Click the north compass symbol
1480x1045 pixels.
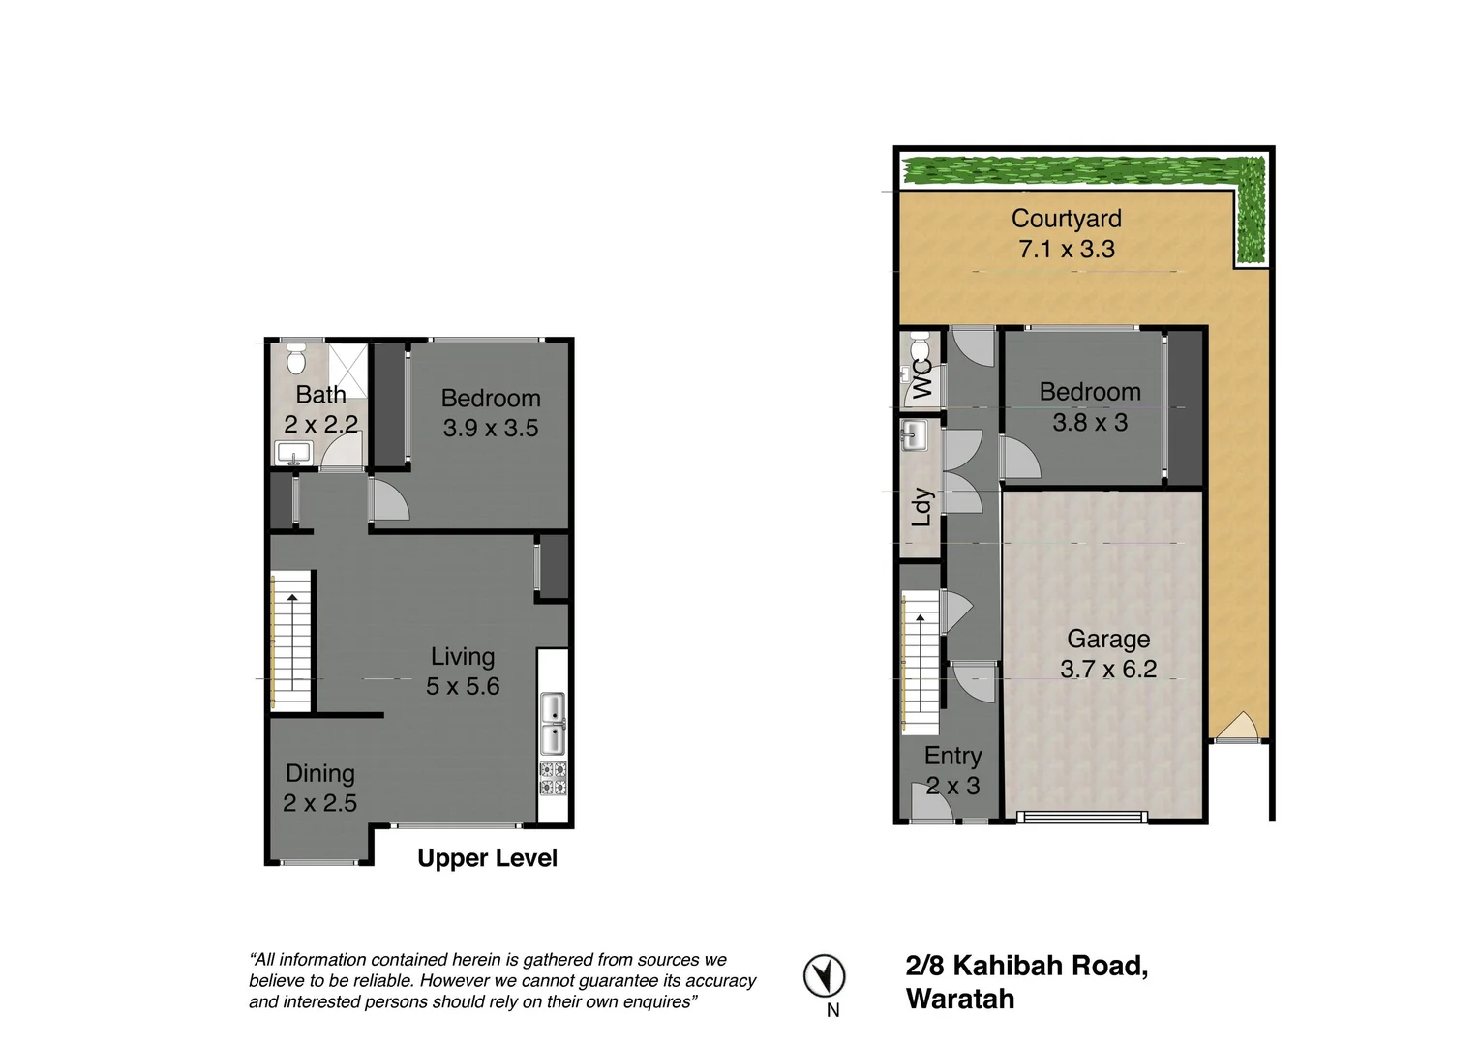(824, 975)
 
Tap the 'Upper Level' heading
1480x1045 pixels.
(487, 858)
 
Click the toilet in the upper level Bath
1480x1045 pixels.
(296, 358)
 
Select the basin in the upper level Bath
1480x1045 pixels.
(291, 452)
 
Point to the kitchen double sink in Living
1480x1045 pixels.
(553, 723)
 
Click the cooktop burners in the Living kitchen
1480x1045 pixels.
(553, 778)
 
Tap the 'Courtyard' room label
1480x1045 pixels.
(1066, 219)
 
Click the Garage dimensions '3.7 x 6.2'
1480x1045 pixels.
(1107, 669)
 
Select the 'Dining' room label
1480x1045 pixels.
(319, 773)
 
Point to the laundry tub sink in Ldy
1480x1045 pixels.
(914, 435)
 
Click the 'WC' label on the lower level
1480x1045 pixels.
(922, 378)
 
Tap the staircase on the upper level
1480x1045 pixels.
(291, 640)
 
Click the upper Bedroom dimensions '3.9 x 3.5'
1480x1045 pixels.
(490, 428)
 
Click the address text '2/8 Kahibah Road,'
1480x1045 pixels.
(1026, 966)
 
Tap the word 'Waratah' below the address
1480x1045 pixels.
(959, 999)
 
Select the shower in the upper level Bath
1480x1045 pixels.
(348, 370)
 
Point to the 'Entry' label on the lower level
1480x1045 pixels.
(952, 756)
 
